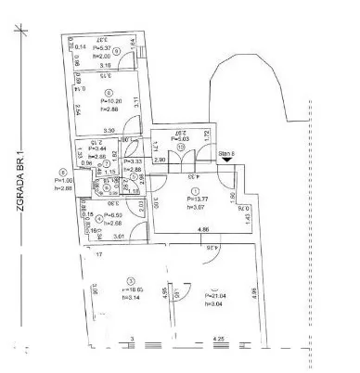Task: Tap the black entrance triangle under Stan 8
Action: pyautogui.click(x=225, y=160)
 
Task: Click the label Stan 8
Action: pyautogui.click(x=225, y=151)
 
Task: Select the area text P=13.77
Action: pyautogui.click(x=198, y=197)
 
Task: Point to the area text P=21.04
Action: pyautogui.click(x=214, y=296)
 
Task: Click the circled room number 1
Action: pyautogui.click(x=195, y=189)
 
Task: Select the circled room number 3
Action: pyautogui.click(x=131, y=281)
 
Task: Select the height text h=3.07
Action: pyautogui.click(x=198, y=205)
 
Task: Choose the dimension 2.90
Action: pyautogui.click(x=161, y=161)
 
